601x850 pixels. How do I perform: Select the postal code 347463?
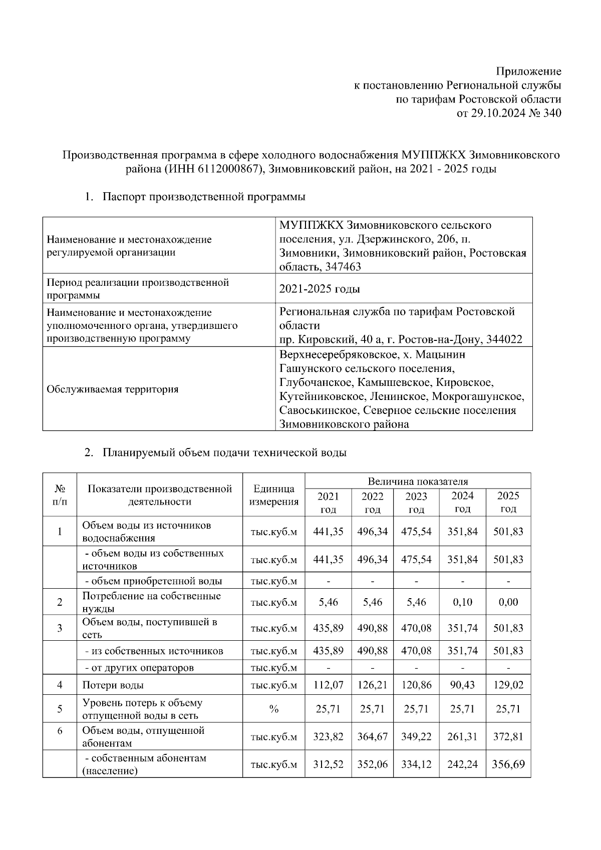click(343, 267)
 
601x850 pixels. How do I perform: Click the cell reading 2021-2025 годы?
click(320, 289)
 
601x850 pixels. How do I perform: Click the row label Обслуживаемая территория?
click(112, 389)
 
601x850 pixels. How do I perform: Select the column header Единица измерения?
click(273, 495)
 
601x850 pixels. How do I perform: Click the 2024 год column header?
click(462, 502)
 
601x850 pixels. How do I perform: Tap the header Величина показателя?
click(418, 482)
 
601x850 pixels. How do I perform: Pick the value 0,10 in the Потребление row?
click(462, 602)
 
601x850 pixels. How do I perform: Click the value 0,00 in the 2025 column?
click(508, 602)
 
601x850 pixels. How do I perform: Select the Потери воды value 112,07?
click(328, 684)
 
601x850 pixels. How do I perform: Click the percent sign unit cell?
click(273, 708)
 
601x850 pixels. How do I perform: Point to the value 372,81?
click(508, 736)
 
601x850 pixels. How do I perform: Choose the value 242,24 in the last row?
click(462, 764)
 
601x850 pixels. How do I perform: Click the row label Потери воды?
click(113, 684)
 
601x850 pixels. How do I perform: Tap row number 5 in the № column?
click(60, 708)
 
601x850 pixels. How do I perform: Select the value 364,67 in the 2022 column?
click(372, 736)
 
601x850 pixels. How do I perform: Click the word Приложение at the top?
click(528, 71)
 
